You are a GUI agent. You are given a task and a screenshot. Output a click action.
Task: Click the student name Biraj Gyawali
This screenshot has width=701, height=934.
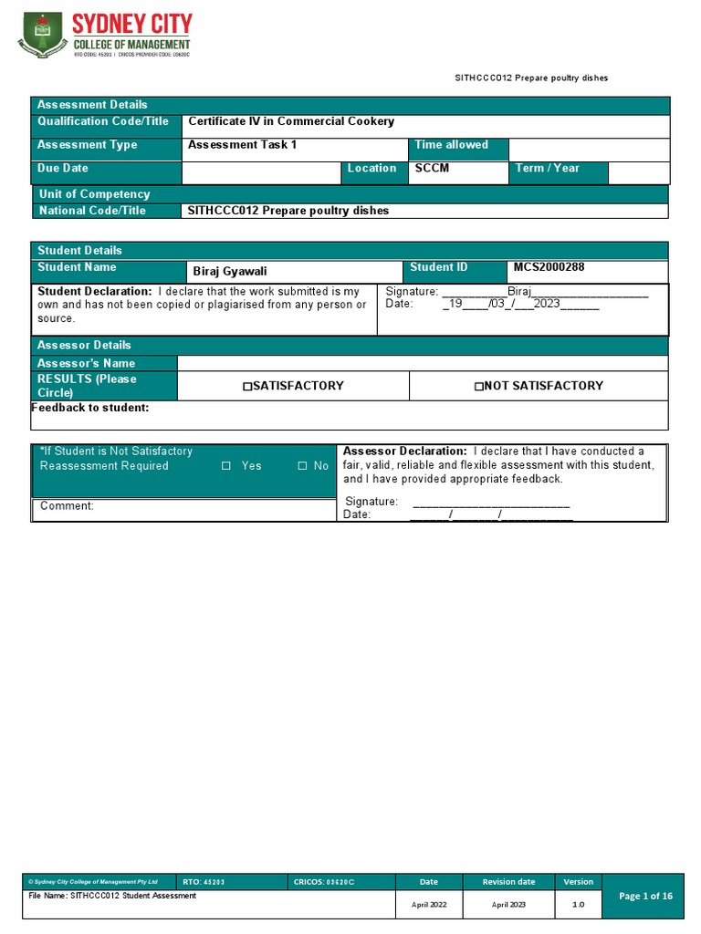229,272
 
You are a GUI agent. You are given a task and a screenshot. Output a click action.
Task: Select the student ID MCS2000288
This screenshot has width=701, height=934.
549,267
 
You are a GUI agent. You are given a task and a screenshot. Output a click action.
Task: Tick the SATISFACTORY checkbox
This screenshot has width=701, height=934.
247,387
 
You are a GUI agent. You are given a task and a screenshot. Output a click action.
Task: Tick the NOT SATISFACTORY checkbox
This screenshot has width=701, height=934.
478,387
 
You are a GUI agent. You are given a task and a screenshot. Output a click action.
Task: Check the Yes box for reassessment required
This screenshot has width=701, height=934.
226,466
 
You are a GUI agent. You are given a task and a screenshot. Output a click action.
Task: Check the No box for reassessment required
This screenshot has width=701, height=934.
302,466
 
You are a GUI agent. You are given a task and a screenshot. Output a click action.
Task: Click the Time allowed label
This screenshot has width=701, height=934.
451,145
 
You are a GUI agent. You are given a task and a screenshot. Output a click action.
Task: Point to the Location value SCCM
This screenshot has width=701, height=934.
432,169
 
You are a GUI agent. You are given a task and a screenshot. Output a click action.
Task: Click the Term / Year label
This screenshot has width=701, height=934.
547,169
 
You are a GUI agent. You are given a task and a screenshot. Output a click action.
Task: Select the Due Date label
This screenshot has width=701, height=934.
63,169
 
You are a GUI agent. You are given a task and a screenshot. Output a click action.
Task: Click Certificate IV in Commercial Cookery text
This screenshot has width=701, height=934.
291,121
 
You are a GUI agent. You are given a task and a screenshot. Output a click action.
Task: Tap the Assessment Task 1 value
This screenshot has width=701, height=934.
242,145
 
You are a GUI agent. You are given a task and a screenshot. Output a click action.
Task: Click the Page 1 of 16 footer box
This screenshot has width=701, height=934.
645,897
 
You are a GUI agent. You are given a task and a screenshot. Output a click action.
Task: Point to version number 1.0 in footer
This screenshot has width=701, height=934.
578,905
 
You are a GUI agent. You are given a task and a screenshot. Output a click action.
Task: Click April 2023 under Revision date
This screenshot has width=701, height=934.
508,905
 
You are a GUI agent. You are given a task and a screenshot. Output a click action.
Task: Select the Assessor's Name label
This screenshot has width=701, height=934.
86,363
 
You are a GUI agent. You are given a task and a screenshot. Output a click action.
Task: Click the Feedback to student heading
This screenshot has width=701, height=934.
90,408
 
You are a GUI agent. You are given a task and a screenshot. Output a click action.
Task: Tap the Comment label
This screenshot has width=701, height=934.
67,506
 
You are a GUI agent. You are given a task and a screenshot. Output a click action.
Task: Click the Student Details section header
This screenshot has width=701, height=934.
79,250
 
